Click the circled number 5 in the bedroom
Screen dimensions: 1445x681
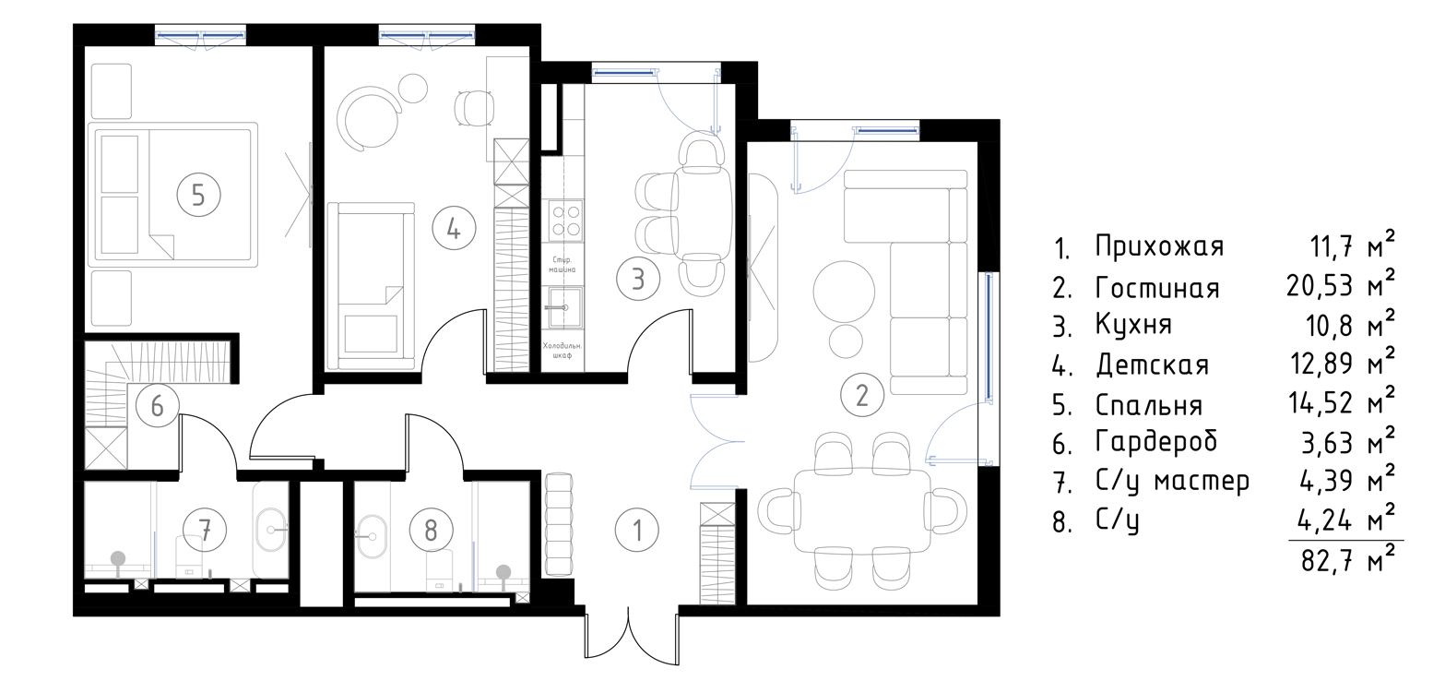pos(198,195)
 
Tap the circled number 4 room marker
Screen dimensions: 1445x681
pos(454,229)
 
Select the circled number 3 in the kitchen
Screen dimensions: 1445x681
pos(638,280)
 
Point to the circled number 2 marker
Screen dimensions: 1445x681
pos(862,395)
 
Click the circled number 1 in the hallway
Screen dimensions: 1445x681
pos(637,531)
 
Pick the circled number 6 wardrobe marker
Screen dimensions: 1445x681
pos(158,406)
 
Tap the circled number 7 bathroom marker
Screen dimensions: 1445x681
pos(205,531)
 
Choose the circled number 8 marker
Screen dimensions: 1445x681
pos(431,531)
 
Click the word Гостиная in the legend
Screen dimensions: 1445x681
pos(1157,287)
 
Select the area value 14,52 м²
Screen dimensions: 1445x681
pos(1341,400)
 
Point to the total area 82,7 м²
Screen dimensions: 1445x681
pos(1347,560)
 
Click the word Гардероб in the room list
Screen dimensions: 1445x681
pos(1156,442)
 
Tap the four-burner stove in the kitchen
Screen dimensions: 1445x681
pos(566,221)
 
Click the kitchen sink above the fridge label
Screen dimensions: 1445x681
pos(566,307)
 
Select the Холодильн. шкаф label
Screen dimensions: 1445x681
pos(562,350)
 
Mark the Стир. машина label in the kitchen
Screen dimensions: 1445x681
pos(563,265)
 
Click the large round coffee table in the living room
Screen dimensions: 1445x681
pos(844,291)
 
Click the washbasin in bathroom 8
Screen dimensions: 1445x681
pos(371,535)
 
